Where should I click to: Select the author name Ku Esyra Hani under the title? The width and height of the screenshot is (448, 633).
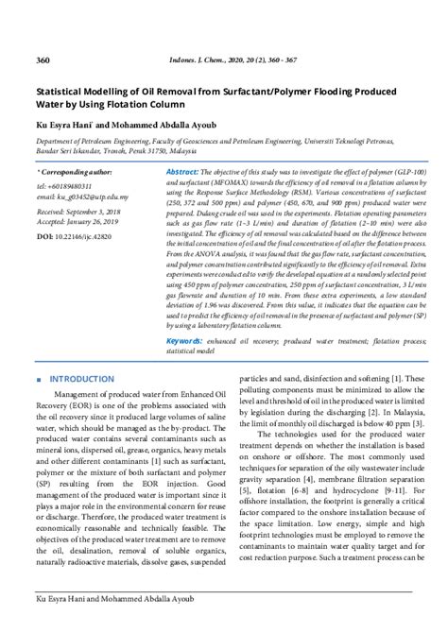coord(70,122)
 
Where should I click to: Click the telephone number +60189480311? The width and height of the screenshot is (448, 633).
coord(73,187)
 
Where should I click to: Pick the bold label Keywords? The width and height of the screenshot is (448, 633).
coord(185,339)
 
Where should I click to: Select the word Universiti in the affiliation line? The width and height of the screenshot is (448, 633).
coord(330,137)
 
